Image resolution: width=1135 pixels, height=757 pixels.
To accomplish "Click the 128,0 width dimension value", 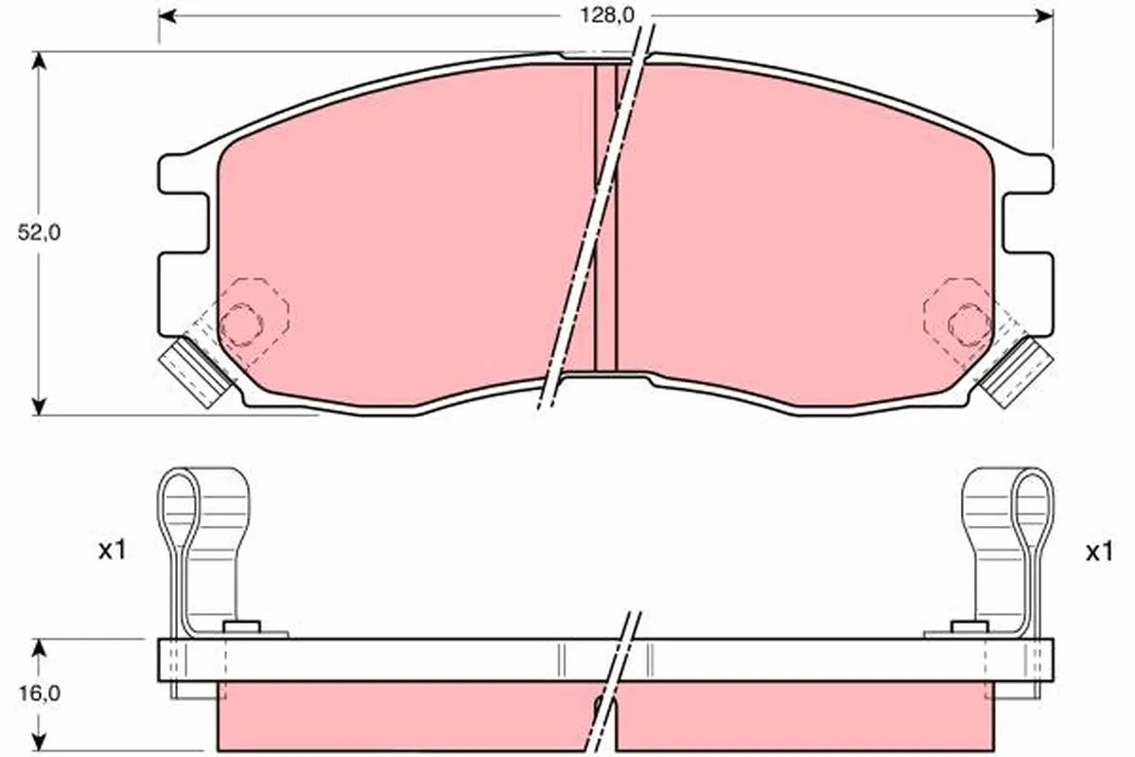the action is pos(606,16).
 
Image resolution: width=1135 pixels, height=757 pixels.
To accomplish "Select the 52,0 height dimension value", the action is pos(39,233).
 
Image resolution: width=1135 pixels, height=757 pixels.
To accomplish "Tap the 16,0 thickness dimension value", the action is pos(40,693).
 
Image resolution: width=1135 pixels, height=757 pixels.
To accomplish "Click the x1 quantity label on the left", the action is pos(112,550).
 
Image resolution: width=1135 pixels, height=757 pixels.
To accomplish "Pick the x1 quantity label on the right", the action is pos(1099,552).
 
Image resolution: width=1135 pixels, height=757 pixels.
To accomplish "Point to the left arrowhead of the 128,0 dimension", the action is pos(167,16).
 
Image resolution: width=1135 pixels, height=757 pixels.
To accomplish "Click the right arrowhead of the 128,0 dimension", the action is pos(1045,16).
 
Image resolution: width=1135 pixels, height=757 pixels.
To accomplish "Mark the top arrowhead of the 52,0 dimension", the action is pos(39,61).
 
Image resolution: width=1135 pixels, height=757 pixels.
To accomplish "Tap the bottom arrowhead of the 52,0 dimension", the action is pos(39,406).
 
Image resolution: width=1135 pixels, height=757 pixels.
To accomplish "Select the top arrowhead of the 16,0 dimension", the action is pos(39,648).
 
